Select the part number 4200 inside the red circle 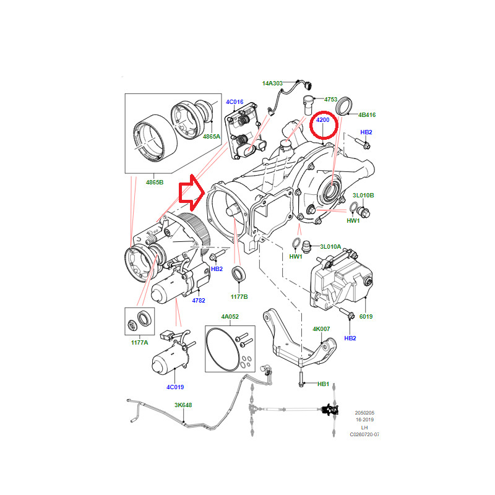322,119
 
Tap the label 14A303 272,82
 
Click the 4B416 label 366,115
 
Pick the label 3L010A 330,246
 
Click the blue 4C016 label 235,101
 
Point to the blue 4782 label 199,301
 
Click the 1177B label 239,296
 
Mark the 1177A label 139,342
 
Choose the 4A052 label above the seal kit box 230,316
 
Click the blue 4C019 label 176,388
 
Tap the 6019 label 366,316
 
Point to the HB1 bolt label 323,384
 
